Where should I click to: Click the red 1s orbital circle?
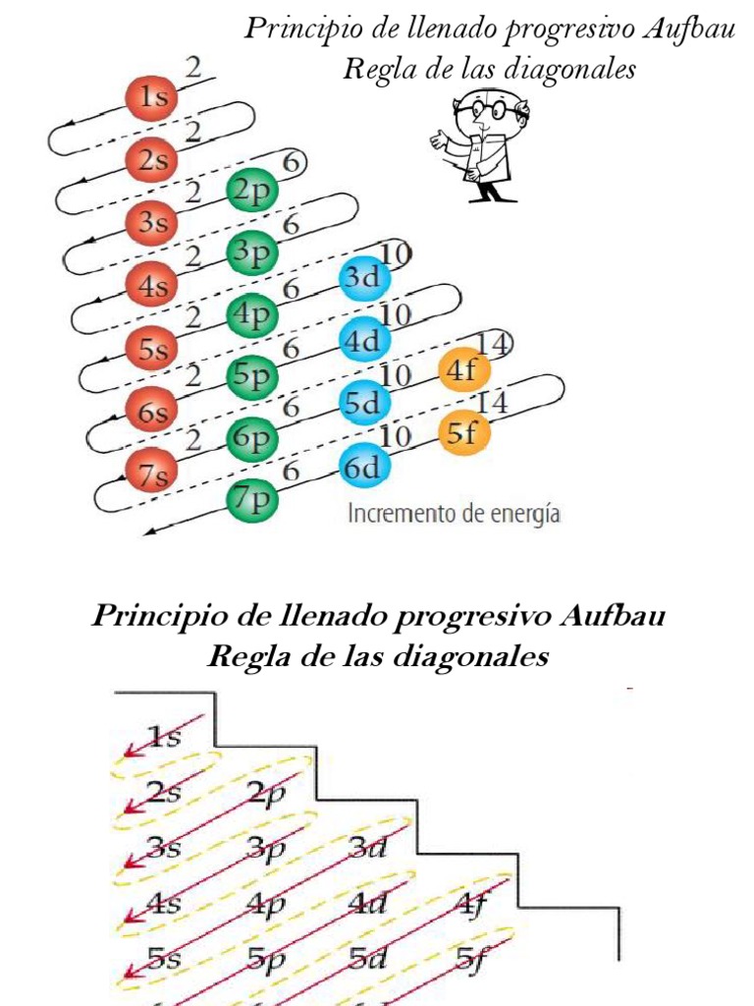click(x=149, y=98)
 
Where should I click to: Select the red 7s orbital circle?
click(x=151, y=476)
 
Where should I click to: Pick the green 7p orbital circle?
click(x=252, y=500)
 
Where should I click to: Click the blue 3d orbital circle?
click(x=364, y=278)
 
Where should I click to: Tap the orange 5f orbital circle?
click(x=463, y=433)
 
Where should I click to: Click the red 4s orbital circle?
click(x=150, y=287)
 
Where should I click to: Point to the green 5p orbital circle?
click(x=252, y=376)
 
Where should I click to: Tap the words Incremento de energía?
click(x=454, y=514)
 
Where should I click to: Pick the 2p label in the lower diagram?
click(x=266, y=794)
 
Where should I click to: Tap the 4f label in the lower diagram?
click(x=470, y=904)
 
